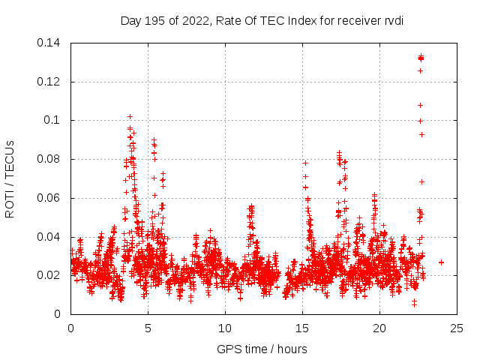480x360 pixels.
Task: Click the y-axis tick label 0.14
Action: tap(50, 43)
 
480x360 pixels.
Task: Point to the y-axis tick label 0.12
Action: tap(50, 82)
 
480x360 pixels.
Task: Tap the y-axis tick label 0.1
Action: tap(53, 121)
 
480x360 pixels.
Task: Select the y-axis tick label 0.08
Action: tap(50, 160)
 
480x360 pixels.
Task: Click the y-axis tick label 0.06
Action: tap(50, 199)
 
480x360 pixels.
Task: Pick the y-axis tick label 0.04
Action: tap(50, 238)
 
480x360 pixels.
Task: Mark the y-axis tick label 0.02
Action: tap(50, 276)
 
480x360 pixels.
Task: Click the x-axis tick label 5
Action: tap(148, 328)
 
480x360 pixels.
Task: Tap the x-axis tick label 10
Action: tap(225, 328)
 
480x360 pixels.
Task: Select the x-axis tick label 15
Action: tap(302, 328)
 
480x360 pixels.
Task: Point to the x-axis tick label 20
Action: tap(379, 328)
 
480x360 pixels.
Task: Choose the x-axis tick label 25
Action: tap(457, 328)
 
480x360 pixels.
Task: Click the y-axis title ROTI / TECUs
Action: tap(10, 178)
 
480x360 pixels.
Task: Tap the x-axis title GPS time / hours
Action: tap(262, 349)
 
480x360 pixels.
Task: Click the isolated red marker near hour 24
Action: tap(441, 262)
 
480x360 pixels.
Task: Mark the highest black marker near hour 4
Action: tap(130, 116)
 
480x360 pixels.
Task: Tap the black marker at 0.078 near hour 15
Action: tap(305, 163)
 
